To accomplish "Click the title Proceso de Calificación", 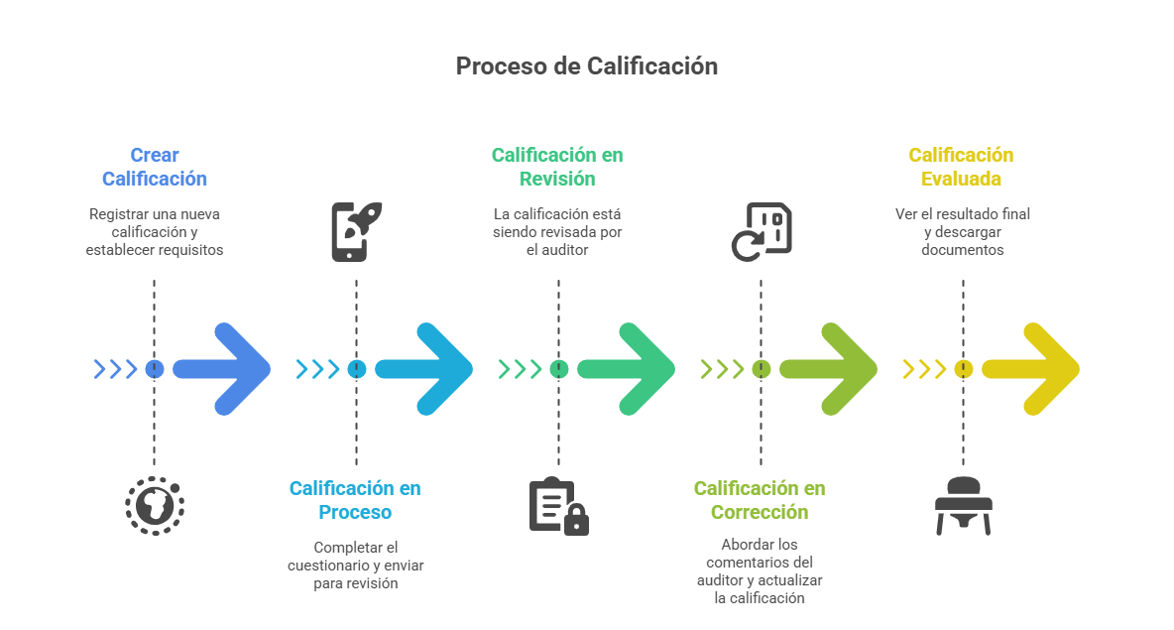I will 586,66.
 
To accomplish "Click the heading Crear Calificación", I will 155,167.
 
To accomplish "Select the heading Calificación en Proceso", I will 355,500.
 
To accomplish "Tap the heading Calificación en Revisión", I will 557,167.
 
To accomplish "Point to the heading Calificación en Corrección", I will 760,500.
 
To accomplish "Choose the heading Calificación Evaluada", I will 961,167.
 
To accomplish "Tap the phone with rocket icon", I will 355,231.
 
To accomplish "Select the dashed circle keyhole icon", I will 155,506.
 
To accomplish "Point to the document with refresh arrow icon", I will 762,231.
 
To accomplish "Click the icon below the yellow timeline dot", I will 963,506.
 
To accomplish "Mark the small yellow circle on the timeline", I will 963,369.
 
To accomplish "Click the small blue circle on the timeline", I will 154,369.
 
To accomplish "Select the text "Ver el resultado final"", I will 963,213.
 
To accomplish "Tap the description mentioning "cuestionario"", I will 355,566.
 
